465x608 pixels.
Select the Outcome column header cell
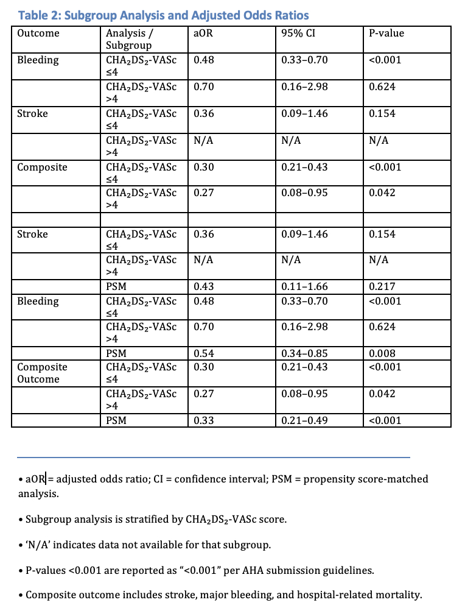click(38, 34)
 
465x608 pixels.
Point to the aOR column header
click(203, 34)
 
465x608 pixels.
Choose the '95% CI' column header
click(298, 34)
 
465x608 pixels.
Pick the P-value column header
click(386, 34)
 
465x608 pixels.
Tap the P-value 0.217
click(382, 287)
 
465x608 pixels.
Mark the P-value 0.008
click(382, 354)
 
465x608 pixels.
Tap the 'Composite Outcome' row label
click(42, 373)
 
